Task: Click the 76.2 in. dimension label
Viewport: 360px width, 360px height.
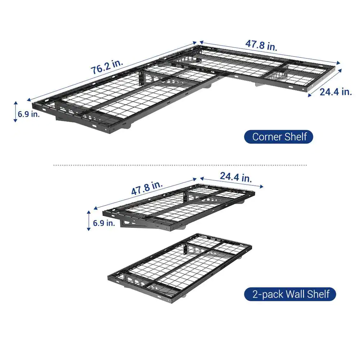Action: (x=107, y=67)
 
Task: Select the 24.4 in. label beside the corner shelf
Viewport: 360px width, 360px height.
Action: (x=336, y=92)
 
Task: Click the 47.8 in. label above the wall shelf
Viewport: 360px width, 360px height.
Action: (x=147, y=188)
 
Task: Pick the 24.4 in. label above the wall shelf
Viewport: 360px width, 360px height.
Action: (x=236, y=177)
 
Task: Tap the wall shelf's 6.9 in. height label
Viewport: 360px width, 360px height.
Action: (x=104, y=223)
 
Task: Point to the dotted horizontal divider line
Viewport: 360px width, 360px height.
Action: (x=180, y=165)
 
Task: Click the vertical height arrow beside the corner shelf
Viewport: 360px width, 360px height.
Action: (x=15, y=112)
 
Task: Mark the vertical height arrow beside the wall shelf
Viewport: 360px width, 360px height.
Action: (x=89, y=220)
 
